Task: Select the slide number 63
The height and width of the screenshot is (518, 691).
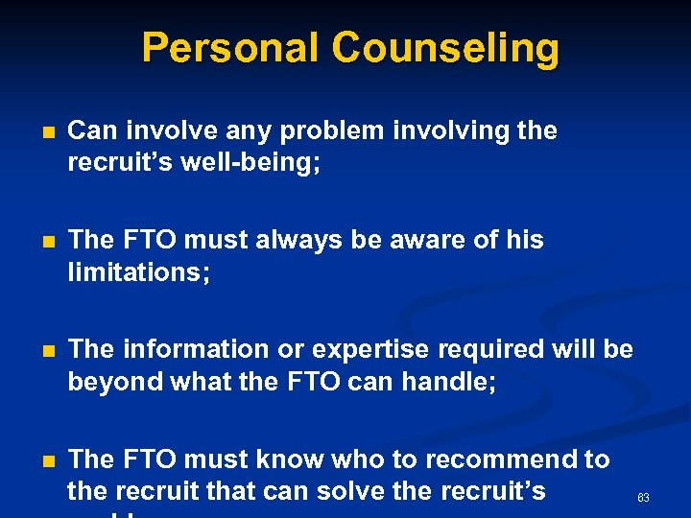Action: pos(643,498)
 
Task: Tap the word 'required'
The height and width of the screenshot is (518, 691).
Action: pos(492,349)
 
